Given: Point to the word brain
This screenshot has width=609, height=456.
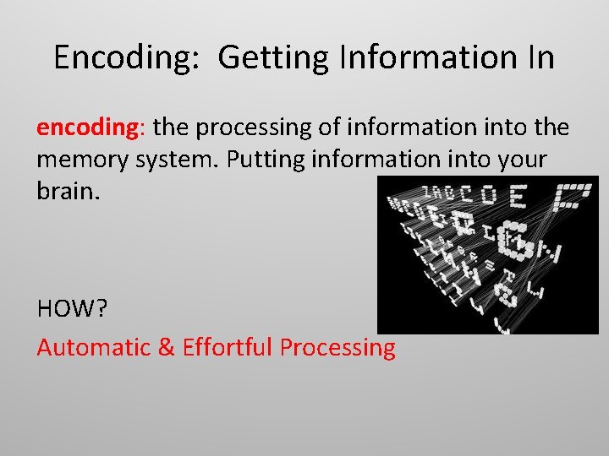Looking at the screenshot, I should (x=68, y=190).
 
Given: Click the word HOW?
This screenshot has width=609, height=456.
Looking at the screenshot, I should (x=72, y=309).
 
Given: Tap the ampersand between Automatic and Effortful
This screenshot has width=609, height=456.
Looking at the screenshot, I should (x=166, y=347).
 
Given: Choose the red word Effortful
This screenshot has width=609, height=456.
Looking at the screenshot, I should (x=228, y=347).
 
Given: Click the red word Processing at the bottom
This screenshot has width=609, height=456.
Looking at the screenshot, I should (x=337, y=347).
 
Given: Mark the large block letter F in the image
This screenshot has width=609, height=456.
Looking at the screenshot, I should (x=573, y=196).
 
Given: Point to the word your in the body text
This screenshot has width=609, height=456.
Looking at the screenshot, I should (x=525, y=160).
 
